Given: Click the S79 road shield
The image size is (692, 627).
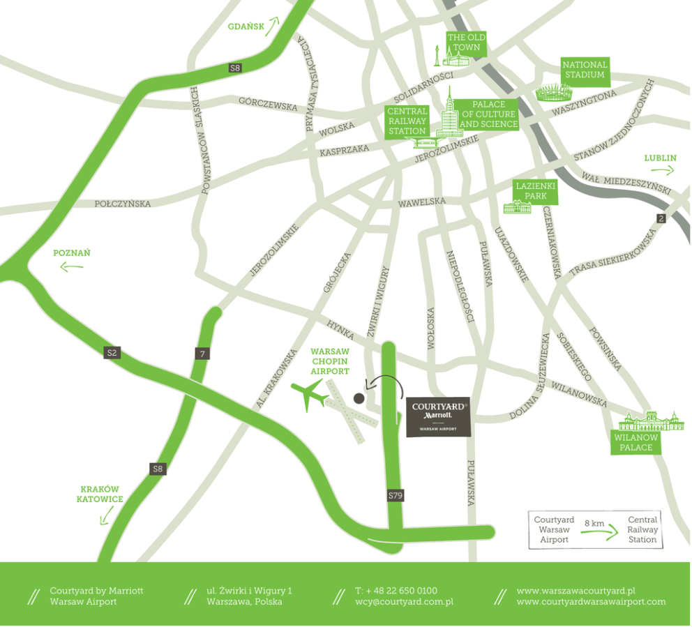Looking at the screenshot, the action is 396,496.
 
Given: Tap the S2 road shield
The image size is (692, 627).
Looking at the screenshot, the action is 112,352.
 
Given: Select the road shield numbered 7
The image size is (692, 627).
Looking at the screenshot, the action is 202,354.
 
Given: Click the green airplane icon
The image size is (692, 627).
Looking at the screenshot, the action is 308,396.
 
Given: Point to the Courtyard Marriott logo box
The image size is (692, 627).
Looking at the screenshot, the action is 438,417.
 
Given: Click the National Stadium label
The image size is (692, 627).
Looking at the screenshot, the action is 585,69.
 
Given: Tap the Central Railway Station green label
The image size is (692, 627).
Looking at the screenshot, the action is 407,121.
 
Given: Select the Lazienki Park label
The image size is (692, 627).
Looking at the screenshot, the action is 535,191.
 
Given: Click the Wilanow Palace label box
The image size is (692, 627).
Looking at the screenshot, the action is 635,442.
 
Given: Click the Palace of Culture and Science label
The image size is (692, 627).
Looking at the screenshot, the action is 488,114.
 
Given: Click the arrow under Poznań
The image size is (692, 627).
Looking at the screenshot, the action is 72,266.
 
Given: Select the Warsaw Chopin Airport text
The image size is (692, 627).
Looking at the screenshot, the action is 330,362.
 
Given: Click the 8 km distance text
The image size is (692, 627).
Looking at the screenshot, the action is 594,522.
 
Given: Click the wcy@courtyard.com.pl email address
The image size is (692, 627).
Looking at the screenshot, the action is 405,601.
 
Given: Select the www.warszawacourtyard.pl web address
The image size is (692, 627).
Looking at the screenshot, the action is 576,591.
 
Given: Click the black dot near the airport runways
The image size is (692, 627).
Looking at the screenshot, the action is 359,398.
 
